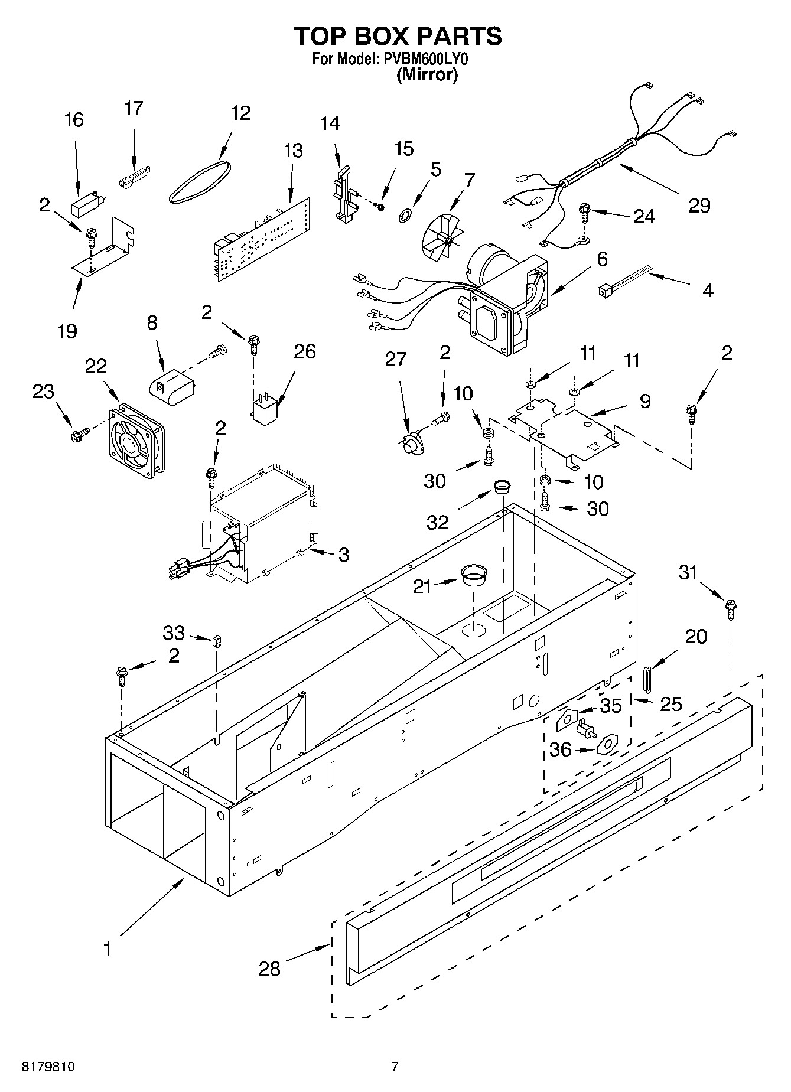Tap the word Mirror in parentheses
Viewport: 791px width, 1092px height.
(427, 75)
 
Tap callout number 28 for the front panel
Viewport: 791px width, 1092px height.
(269, 968)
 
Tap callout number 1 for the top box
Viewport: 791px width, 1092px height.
(108, 948)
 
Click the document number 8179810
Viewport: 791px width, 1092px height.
(49, 1067)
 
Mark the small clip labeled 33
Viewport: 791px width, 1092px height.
(217, 640)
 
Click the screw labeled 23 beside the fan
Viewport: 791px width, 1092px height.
(77, 434)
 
